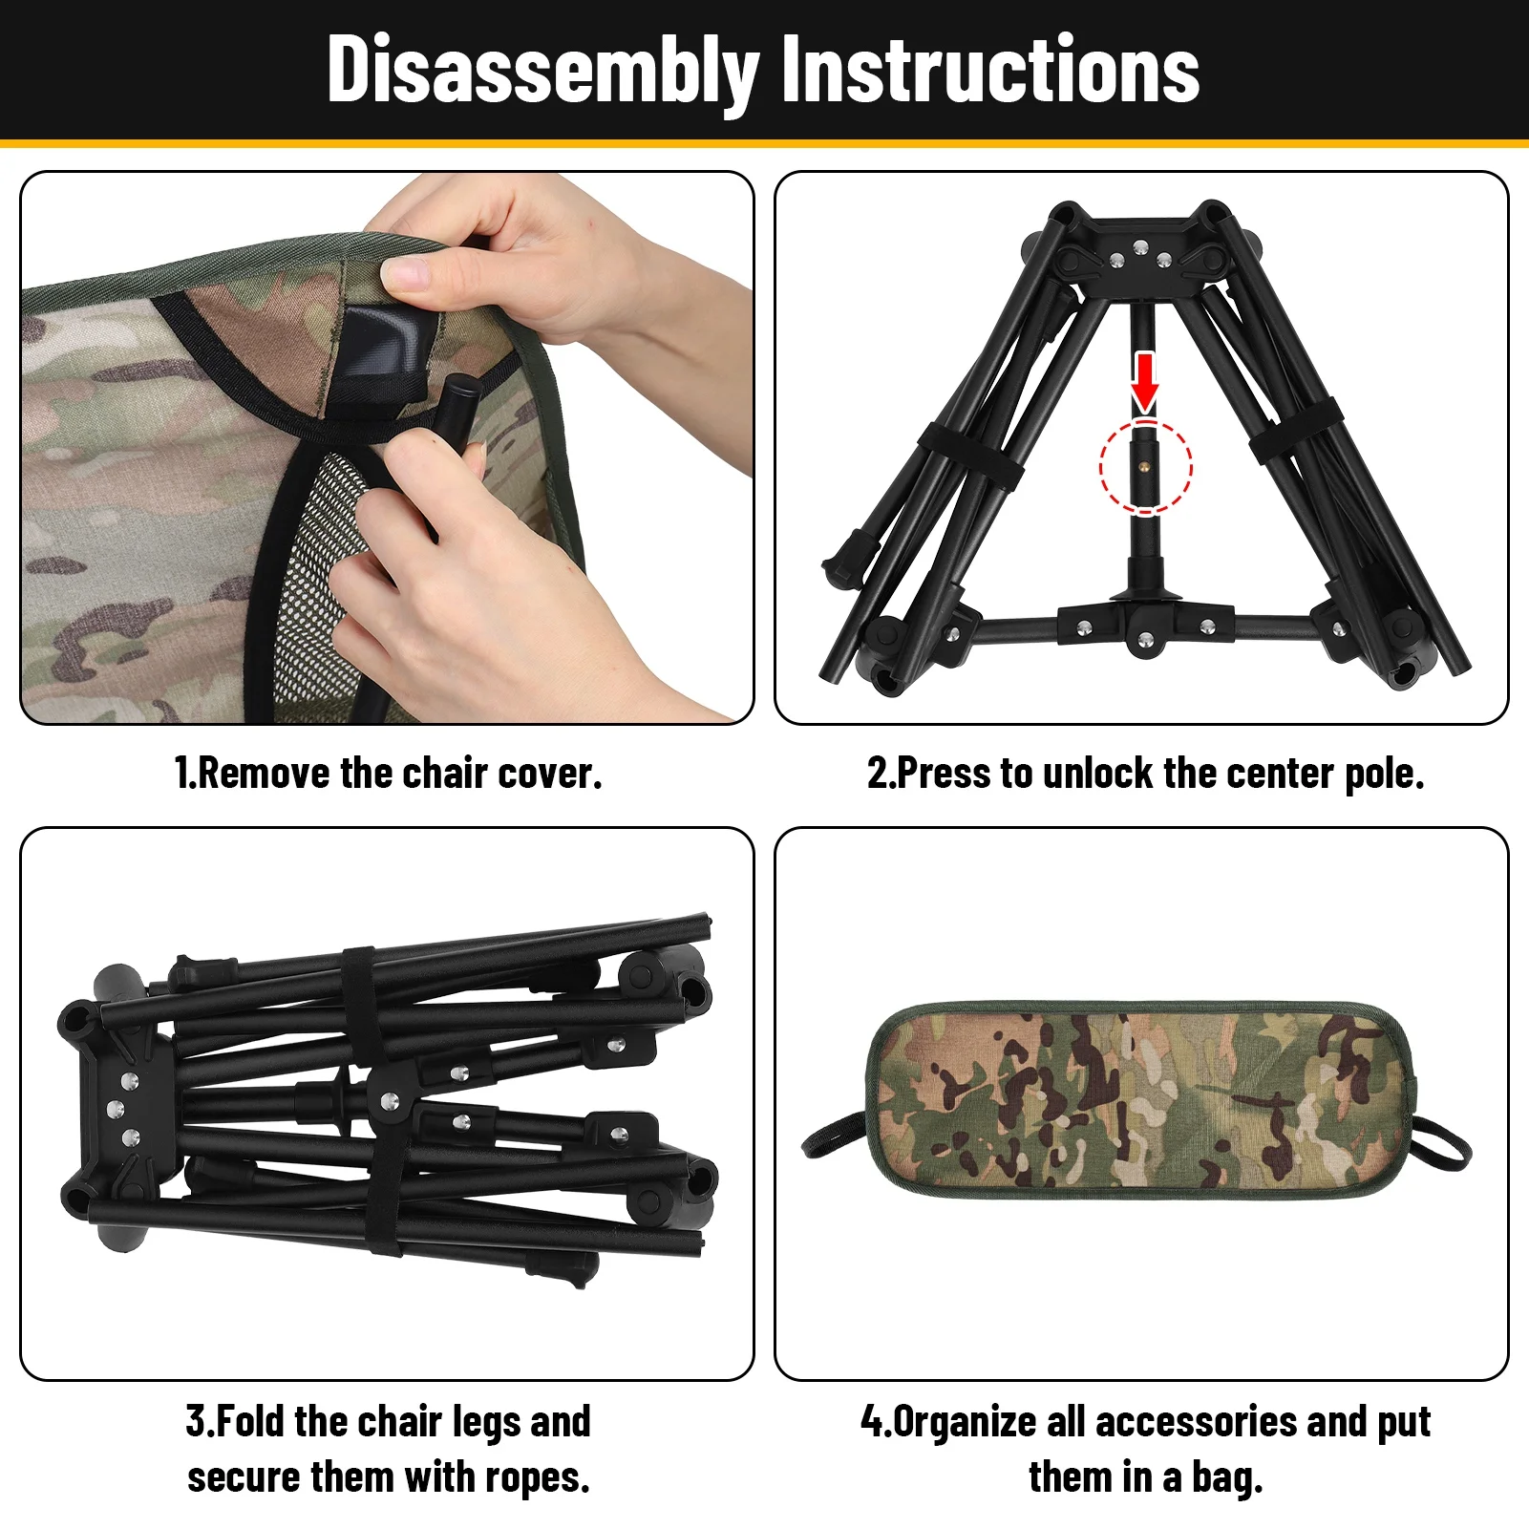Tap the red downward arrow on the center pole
pos(1145,381)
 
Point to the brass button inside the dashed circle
pos(1144,467)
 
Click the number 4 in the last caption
pos(871,1421)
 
